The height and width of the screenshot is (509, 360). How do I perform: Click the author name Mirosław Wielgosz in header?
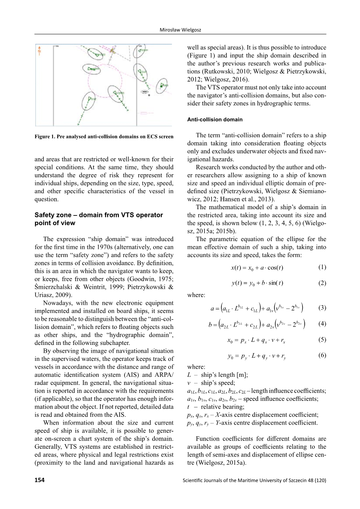coord(180,30)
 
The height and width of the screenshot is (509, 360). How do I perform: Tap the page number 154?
coord(39,480)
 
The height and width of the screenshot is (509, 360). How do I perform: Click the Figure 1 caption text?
coord(104,136)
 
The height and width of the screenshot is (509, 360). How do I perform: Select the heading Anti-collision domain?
coord(215,119)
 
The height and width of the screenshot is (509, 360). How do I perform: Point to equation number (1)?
coord(322,267)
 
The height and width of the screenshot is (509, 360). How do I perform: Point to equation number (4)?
coord(322,324)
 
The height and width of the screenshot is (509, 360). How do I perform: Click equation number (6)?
coord(322,355)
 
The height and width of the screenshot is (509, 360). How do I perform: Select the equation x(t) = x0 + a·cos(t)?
coord(257,268)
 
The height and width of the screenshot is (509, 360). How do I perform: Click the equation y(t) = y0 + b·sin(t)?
coord(257,283)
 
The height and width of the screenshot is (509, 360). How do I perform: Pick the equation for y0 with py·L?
coord(257,355)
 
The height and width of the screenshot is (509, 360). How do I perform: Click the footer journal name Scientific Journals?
coord(254,480)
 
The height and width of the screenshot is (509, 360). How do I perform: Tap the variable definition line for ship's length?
coord(218,375)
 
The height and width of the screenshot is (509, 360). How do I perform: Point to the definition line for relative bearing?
coord(216,407)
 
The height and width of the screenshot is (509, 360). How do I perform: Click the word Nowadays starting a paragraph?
coord(56,303)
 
